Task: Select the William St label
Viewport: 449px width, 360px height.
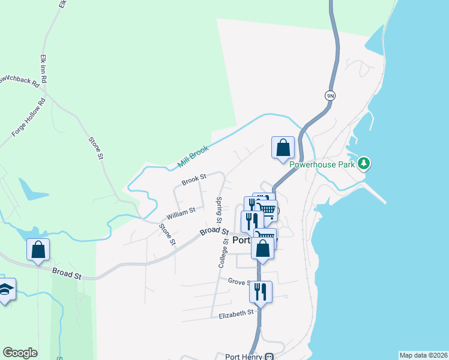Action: point(181,211)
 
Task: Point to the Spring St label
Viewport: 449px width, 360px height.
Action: point(220,208)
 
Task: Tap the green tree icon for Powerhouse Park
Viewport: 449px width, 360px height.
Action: point(364,163)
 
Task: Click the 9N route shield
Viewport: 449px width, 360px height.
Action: point(330,95)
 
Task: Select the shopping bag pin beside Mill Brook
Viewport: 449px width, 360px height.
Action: point(283,147)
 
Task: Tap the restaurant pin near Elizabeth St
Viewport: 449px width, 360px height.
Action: point(261,292)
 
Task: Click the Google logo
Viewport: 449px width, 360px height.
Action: point(20,353)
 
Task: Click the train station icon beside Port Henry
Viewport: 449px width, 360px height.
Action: point(270,356)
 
